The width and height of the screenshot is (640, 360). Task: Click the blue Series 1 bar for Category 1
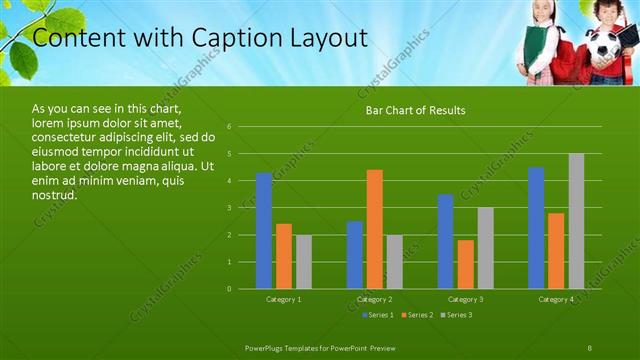[x=264, y=231]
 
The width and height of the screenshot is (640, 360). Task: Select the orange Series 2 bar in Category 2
[x=375, y=229]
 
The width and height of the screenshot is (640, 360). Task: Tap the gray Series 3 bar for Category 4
[x=576, y=221]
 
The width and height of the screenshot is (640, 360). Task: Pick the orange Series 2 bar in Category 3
[x=466, y=264]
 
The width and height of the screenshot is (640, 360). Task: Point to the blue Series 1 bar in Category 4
[x=536, y=228]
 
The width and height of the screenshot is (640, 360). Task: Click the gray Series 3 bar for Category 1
[x=304, y=262]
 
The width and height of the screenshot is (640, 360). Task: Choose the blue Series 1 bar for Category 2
[x=355, y=255]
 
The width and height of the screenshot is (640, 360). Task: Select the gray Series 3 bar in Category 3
[x=486, y=248]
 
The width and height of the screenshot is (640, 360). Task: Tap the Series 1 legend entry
[x=377, y=315]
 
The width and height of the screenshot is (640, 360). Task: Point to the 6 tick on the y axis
[x=230, y=127]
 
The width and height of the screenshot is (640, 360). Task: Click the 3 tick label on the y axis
[x=230, y=208]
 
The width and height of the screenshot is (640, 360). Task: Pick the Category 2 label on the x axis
[x=375, y=299]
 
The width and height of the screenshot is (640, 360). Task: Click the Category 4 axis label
[x=556, y=299]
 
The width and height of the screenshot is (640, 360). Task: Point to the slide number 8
[x=590, y=347]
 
